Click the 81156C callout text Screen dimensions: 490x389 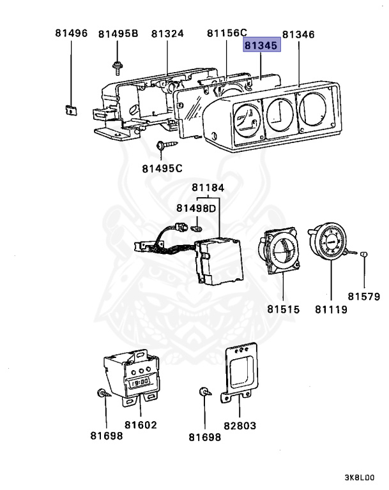click(227, 33)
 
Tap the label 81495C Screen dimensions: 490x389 click(162, 168)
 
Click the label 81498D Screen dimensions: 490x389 click(196, 209)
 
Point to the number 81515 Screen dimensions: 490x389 click(284, 309)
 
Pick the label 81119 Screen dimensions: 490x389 click(331, 309)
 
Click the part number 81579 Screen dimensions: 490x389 click(364, 296)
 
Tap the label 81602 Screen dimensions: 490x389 click(141, 424)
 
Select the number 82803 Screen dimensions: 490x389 click(240, 424)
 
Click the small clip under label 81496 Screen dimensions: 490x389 click(70, 108)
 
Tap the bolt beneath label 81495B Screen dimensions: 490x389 click(117, 64)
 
